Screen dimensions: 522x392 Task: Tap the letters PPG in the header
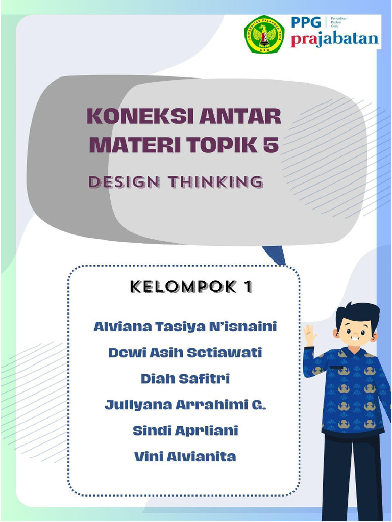(306, 23)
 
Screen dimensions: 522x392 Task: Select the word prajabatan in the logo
(335, 40)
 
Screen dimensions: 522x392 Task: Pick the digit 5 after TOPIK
(272, 145)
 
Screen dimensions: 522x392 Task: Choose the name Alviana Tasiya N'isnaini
(185, 326)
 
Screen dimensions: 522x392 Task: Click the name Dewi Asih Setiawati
(185, 352)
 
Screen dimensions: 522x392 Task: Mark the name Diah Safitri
(185, 379)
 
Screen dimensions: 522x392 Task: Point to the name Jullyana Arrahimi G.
(185, 405)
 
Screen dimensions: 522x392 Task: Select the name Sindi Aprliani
(185, 431)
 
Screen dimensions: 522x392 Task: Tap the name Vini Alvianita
(185, 457)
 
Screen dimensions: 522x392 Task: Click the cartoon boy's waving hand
(310, 334)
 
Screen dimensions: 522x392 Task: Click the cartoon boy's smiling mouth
(356, 338)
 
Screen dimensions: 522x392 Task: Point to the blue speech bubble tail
(276, 255)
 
